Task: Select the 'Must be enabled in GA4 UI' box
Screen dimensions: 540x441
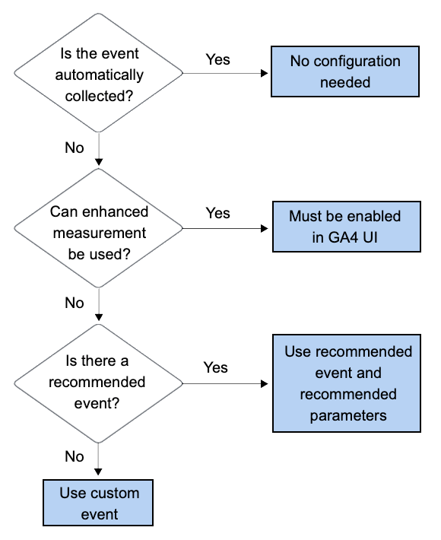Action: pos(345,226)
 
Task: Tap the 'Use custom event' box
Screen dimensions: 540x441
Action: pos(99,503)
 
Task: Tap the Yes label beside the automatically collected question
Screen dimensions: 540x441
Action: pos(217,59)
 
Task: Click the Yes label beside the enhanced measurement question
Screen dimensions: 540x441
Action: pos(217,213)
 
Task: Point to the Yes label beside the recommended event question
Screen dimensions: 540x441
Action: pos(216,367)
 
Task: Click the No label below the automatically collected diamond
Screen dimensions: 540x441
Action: pos(75,148)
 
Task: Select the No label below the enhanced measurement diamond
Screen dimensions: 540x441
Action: pos(75,303)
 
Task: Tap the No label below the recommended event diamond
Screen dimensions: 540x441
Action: pos(75,456)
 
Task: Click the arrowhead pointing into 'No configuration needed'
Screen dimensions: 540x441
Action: pos(266,74)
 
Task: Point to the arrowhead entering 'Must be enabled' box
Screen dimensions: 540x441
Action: pos(266,228)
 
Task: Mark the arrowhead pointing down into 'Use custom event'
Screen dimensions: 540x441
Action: pos(98,475)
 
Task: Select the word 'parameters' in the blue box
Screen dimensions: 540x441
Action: pos(348,416)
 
